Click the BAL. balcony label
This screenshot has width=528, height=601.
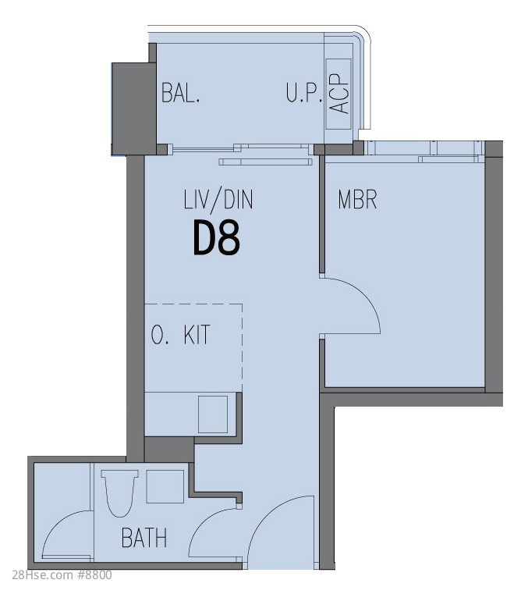[180, 93]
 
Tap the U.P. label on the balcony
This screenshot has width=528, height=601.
[304, 93]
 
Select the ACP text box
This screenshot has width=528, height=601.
[338, 94]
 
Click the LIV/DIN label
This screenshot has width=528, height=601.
[218, 200]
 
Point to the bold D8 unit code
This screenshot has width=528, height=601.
[216, 238]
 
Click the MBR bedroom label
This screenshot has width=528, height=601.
[357, 199]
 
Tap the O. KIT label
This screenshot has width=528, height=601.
[180, 335]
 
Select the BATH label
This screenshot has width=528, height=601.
[144, 538]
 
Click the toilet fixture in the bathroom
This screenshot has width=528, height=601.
[119, 493]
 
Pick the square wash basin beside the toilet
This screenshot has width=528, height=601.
[165, 486]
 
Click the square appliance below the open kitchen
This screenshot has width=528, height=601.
[213, 414]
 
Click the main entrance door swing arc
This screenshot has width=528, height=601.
[268, 517]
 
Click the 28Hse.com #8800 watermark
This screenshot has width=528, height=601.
[62, 575]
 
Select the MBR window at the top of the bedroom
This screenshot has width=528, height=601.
[423, 151]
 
